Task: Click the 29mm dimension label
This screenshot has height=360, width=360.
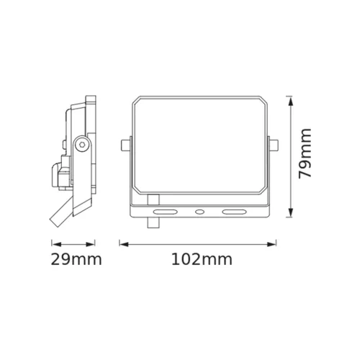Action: pyautogui.click(x=76, y=259)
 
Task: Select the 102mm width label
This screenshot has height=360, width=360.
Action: pyautogui.click(x=199, y=259)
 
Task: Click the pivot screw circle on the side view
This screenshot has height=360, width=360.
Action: pyautogui.click(x=84, y=145)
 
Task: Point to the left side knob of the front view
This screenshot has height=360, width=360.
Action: pyautogui.click(x=126, y=145)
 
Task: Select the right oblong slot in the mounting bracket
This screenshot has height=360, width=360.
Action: pyautogui.click(x=233, y=212)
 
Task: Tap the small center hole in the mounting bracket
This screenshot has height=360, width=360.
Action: pyautogui.click(x=200, y=212)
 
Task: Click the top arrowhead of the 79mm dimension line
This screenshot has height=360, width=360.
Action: pyautogui.click(x=289, y=99)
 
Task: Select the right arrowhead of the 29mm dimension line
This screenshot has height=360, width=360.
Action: pyautogui.click(x=94, y=244)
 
